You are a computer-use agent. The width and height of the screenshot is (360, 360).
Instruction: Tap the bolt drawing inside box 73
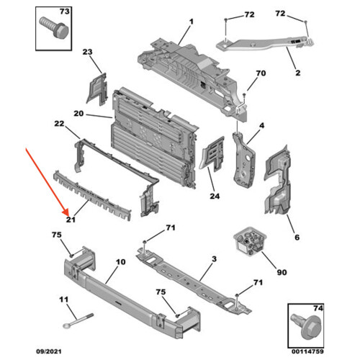(55, 30)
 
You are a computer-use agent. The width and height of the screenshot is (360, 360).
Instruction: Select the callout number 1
(192, 22)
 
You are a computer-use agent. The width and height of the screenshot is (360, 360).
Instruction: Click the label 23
(88, 53)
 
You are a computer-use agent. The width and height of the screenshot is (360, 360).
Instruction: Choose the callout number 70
(261, 73)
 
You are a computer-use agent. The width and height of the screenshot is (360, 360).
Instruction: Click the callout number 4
(261, 127)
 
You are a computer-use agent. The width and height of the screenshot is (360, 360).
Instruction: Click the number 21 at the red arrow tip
(71, 220)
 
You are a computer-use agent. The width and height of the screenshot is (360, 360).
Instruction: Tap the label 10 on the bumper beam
(121, 263)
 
